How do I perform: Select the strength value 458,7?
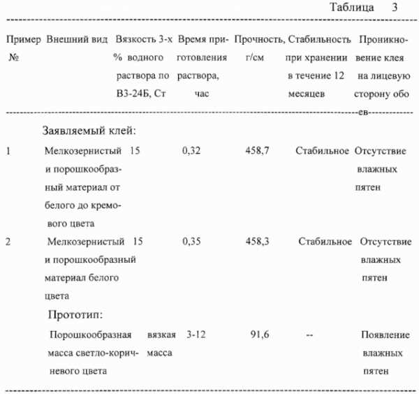coord(256,150)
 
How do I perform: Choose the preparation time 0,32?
coord(191,150)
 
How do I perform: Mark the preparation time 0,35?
coord(191,242)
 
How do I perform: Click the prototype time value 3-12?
coord(194,335)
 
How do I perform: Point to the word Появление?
coord(383,335)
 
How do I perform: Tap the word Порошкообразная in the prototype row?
coord(89,335)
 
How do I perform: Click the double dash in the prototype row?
coord(309,336)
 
